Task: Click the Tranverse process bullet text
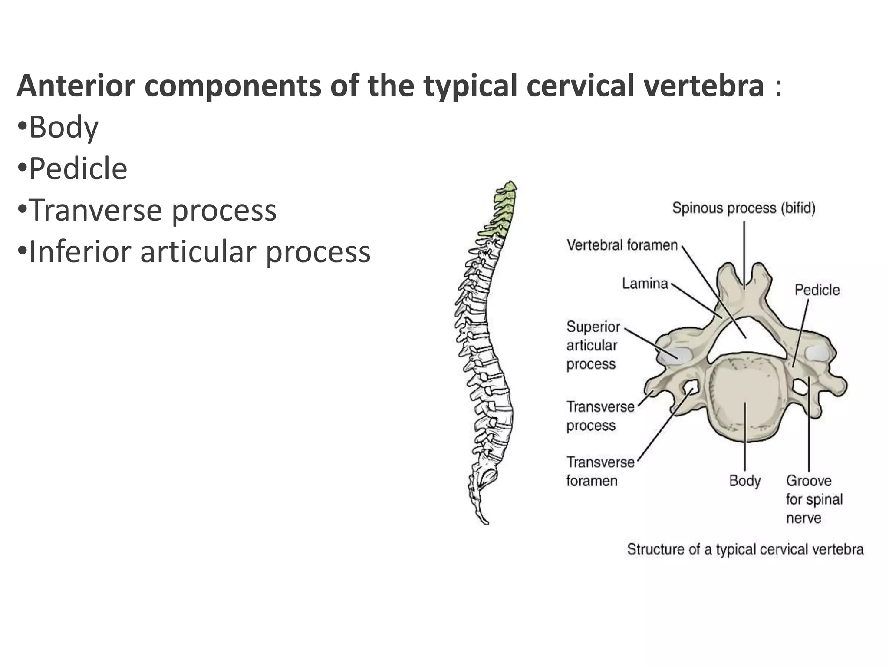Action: (152, 210)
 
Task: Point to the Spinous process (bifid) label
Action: (744, 208)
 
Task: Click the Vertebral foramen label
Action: (622, 245)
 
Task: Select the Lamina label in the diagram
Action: (645, 284)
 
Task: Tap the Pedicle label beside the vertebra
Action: (817, 290)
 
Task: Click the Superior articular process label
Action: (593, 345)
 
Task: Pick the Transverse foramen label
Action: (600, 472)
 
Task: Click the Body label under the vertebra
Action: (744, 481)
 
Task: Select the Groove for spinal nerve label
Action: (813, 499)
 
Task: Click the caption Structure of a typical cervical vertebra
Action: (745, 549)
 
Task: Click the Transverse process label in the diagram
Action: (600, 416)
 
